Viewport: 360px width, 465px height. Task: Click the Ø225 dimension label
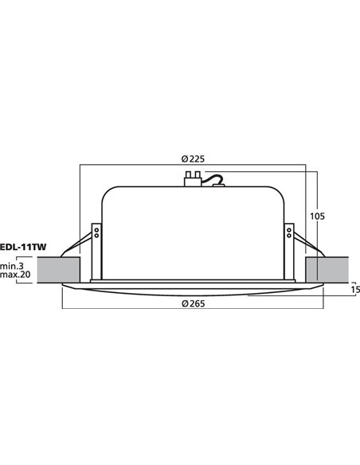point(193,158)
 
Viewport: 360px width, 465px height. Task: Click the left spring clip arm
point(80,244)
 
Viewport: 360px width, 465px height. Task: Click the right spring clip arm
point(305,244)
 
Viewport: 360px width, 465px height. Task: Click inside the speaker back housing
point(192,231)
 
